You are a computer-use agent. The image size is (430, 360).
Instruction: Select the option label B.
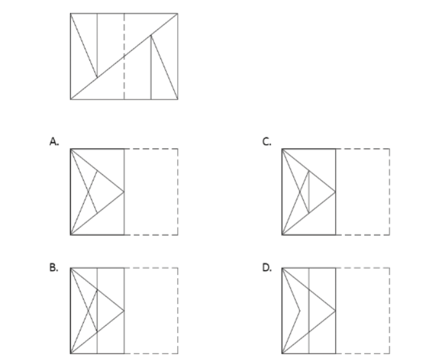[x=54, y=263]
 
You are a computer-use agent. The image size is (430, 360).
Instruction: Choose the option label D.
[x=266, y=263]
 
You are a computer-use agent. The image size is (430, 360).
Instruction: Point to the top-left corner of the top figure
[x=70, y=14]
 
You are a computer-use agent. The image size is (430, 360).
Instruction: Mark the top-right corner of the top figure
[x=177, y=14]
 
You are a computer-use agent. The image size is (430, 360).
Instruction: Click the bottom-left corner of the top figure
[x=70, y=99]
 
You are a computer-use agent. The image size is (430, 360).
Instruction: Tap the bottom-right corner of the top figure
[x=177, y=99]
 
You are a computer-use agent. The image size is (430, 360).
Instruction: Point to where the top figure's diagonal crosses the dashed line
[x=124, y=56]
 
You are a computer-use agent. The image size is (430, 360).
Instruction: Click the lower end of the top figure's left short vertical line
[x=97, y=77]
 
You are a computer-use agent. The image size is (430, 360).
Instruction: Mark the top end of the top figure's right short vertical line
[x=151, y=35]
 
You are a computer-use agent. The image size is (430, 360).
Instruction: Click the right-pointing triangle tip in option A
[x=124, y=192]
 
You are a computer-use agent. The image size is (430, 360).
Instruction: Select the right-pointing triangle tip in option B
[x=124, y=310]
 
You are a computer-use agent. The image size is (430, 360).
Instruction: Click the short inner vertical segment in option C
[x=309, y=192]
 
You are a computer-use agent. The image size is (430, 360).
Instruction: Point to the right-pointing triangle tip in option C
[x=336, y=192]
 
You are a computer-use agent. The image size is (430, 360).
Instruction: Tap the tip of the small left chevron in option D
[x=300, y=310]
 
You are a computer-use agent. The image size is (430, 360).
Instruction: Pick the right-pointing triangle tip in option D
[x=336, y=310]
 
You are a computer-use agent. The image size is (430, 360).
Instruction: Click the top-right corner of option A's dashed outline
[x=177, y=148]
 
